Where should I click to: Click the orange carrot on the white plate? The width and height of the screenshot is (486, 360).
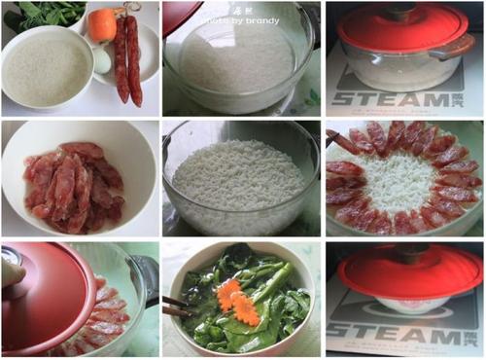pyautogui.click(x=102, y=24)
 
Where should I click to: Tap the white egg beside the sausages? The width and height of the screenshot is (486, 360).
pyautogui.click(x=102, y=60)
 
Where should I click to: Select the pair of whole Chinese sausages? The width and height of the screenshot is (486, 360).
pyautogui.click(x=127, y=58)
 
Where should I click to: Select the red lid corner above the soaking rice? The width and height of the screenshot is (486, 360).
pyautogui.click(x=179, y=14)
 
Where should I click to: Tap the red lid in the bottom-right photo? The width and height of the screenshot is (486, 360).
pyautogui.click(x=404, y=270)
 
